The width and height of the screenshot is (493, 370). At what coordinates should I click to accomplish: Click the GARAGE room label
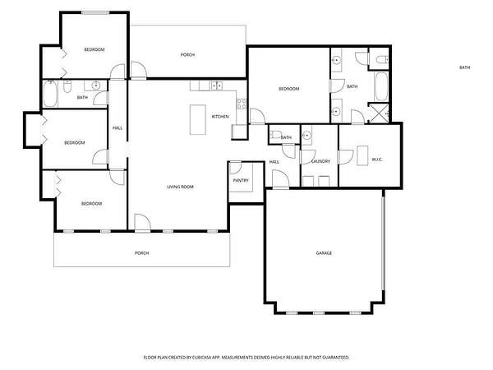(x=324, y=253)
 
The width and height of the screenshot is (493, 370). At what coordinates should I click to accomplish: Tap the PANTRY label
(x=241, y=180)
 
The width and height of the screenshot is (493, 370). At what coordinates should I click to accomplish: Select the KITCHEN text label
(x=220, y=117)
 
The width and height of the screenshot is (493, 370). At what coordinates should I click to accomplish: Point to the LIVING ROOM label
(x=180, y=187)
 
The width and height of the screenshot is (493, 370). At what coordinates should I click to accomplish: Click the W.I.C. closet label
(x=377, y=160)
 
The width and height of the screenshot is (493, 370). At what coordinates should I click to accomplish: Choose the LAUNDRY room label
(x=320, y=161)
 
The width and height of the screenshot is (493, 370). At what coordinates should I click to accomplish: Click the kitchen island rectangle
(x=198, y=119)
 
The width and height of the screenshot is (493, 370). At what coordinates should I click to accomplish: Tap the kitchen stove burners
(x=242, y=104)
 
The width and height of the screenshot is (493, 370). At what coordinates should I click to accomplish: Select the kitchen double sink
(x=216, y=86)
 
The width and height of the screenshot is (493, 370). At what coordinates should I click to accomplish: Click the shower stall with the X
(x=378, y=113)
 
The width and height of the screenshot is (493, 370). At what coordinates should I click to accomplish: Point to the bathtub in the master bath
(x=381, y=86)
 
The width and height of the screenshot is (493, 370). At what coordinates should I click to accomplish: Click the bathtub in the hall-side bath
(x=49, y=94)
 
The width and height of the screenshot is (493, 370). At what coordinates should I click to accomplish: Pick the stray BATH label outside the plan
(x=465, y=67)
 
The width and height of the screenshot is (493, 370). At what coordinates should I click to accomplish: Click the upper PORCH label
(x=187, y=55)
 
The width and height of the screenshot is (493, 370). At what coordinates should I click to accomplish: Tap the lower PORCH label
(x=142, y=253)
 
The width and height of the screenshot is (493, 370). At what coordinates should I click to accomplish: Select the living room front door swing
(x=142, y=222)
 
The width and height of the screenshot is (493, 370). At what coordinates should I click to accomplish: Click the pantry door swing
(x=236, y=168)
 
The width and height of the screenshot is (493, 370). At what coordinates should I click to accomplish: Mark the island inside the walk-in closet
(x=362, y=155)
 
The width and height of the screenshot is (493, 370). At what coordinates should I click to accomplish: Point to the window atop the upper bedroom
(x=95, y=13)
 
